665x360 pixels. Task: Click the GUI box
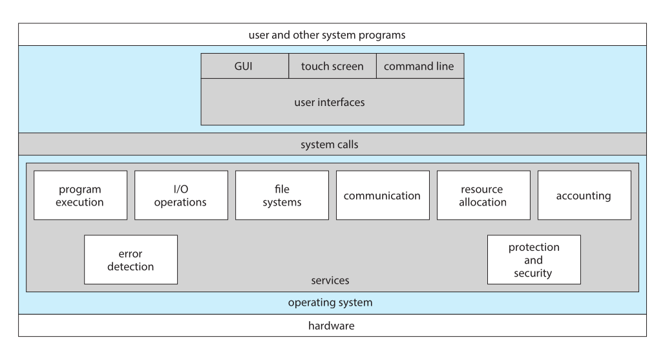coord(245,66)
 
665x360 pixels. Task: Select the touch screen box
coord(332,66)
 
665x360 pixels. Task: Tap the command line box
coord(420,66)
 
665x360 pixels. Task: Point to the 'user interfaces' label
coord(330,102)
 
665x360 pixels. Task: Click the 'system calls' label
coord(330,145)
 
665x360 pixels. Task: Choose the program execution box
coord(81,195)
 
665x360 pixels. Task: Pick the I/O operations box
coord(181,195)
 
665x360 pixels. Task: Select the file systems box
coord(282,195)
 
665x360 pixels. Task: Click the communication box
coord(383,195)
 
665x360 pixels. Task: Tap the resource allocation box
coord(483,195)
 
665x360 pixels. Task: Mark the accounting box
coord(584,195)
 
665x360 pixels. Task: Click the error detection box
coord(131,260)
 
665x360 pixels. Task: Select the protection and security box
coord(534,260)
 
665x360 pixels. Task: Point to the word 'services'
coord(330,281)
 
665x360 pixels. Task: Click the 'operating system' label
coord(330,302)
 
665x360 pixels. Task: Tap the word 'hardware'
coord(332,326)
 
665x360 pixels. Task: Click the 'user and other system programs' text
coord(327,35)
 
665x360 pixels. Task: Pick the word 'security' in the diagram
coord(533,273)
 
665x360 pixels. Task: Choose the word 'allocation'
coord(483,202)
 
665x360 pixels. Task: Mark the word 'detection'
coord(131,267)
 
